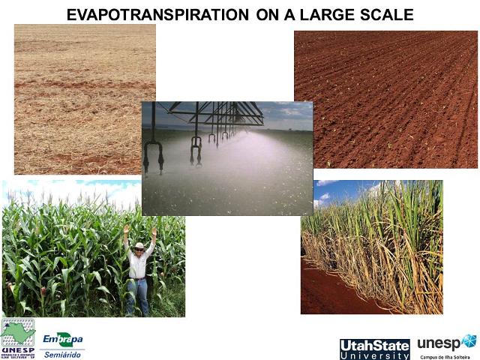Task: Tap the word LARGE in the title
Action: tap(332, 14)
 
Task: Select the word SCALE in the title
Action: tap(386, 14)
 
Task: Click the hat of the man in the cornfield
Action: tap(139, 246)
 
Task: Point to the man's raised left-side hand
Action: tap(126, 229)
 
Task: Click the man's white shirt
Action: tap(138, 265)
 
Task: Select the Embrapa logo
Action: tap(62, 339)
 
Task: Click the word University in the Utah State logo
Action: tap(374, 355)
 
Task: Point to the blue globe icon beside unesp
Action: tap(469, 342)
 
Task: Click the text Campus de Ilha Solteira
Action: tap(448, 356)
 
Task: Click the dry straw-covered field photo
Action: tap(85, 97)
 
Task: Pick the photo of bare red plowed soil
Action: tap(385, 97)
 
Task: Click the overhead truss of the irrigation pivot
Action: tap(217, 112)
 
